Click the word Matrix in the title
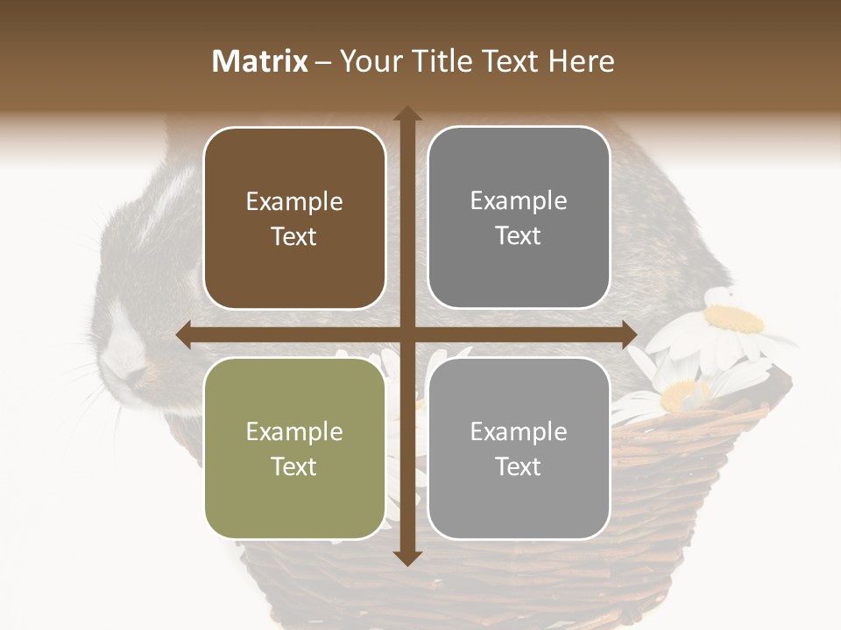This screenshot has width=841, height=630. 260,61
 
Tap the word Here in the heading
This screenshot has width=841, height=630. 582,61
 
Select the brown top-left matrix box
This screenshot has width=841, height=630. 294,219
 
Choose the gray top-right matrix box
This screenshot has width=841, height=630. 519,218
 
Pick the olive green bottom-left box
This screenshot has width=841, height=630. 294,449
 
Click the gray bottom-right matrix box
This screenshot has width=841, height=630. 519,449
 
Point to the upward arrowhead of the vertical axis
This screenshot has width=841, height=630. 407,115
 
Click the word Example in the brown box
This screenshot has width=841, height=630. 294,202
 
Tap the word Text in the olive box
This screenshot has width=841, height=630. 294,466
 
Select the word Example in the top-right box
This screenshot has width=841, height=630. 519,201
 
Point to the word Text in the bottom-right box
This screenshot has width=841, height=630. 519,466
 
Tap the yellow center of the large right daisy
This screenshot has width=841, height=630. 734,318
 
